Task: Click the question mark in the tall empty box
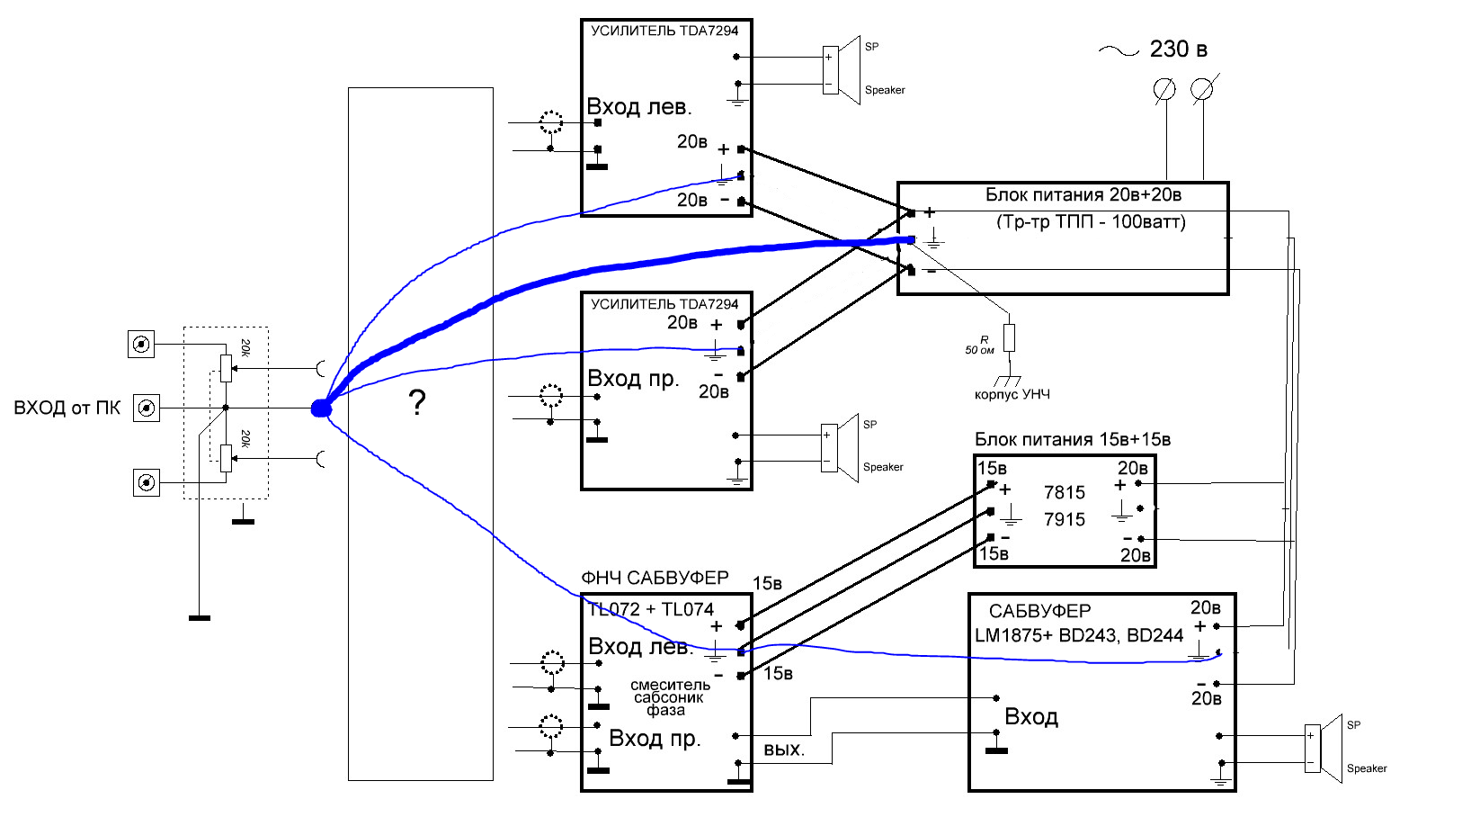click(x=417, y=401)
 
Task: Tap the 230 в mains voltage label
click(x=1178, y=49)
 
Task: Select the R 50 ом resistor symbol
click(x=1010, y=337)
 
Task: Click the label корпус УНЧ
click(x=1012, y=394)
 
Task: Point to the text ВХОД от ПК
click(x=67, y=409)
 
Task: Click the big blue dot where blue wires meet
click(x=320, y=409)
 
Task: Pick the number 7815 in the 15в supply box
click(x=1065, y=492)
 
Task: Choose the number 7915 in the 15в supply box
click(x=1065, y=520)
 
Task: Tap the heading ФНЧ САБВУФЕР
click(x=655, y=578)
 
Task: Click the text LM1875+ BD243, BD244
click(x=1079, y=635)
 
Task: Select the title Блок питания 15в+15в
click(x=1073, y=440)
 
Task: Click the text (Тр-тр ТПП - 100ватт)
click(x=1091, y=222)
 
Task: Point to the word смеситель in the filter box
click(x=670, y=685)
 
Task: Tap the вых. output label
click(x=784, y=750)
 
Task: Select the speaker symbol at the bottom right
click(x=1324, y=749)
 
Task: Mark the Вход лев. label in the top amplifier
click(x=638, y=106)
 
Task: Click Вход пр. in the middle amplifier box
click(x=633, y=379)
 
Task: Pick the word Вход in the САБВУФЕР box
click(x=1031, y=716)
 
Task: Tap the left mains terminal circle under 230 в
click(x=1164, y=90)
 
